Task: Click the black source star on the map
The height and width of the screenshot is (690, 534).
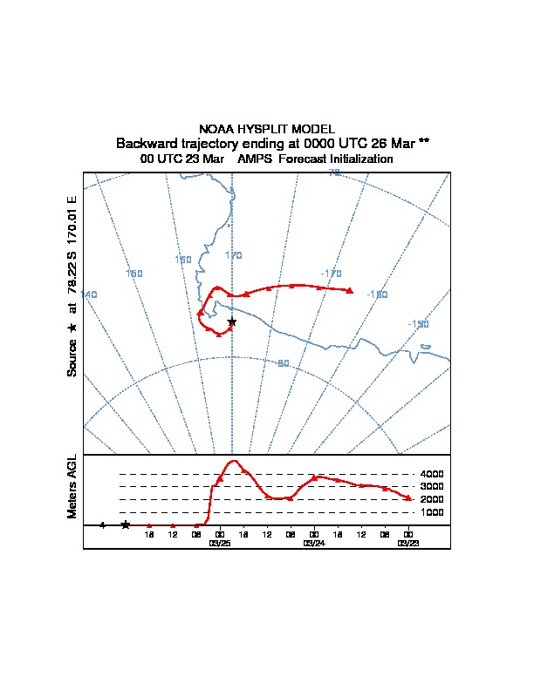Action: [231, 322]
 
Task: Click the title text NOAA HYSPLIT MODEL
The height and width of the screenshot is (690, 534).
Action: [267, 129]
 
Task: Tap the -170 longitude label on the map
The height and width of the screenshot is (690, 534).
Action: [330, 274]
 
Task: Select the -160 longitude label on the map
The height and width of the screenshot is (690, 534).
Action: [377, 294]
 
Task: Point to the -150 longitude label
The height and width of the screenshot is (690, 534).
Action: [418, 324]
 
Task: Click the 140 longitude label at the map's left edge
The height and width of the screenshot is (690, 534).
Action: [89, 294]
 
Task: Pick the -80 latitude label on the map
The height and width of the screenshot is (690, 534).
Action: [282, 363]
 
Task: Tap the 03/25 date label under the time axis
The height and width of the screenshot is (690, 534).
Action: [220, 542]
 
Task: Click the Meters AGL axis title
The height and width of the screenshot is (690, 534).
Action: [72, 487]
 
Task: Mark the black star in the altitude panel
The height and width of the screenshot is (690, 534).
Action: [126, 524]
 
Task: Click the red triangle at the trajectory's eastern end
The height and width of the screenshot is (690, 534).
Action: [350, 290]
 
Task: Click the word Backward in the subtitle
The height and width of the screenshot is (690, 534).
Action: [145, 143]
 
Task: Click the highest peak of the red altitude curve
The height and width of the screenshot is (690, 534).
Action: [234, 461]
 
